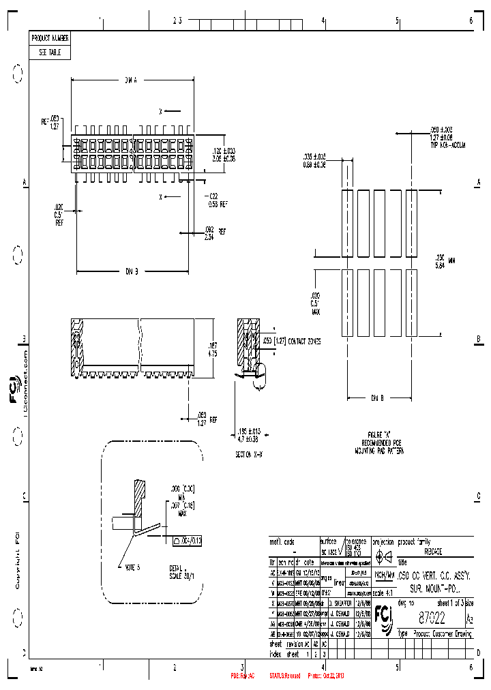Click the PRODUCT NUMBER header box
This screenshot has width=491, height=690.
(x=50, y=38)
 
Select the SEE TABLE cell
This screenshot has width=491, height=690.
(x=50, y=52)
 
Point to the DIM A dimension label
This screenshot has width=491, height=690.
(x=131, y=80)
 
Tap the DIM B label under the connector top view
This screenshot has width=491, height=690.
(x=131, y=271)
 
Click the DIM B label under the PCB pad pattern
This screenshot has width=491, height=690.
(x=377, y=397)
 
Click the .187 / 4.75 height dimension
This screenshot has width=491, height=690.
(x=212, y=350)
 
